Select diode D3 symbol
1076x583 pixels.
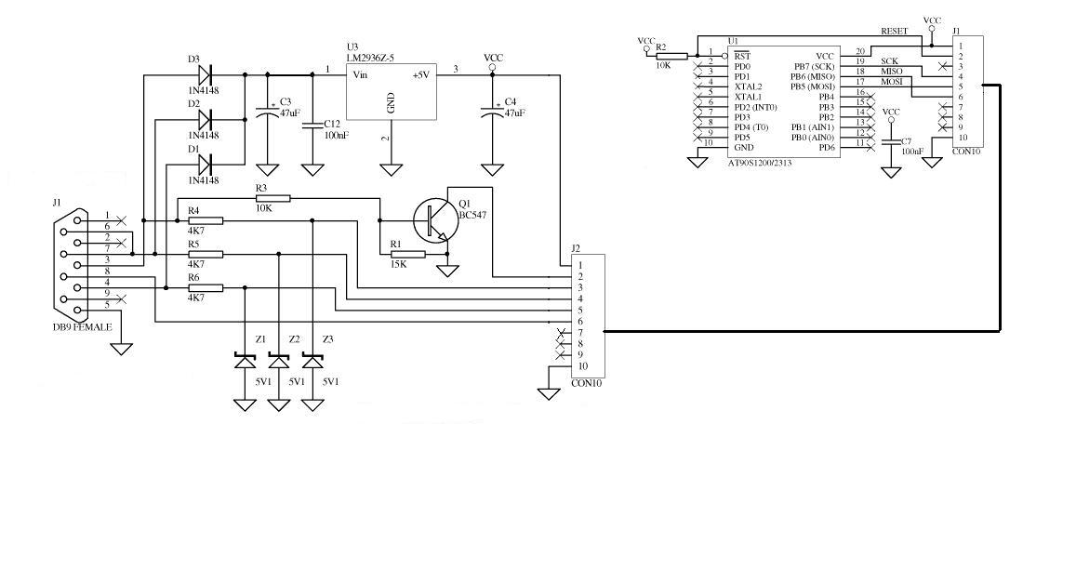[x=204, y=74]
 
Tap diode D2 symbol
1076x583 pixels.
[x=204, y=119]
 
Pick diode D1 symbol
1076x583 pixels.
[x=204, y=165]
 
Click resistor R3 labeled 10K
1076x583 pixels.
[x=272, y=198]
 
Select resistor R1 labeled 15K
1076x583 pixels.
[x=407, y=255]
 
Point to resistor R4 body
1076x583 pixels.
[x=206, y=220]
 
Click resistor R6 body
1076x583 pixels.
[x=206, y=288]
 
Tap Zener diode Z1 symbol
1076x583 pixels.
[x=245, y=362]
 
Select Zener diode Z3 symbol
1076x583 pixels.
[x=312, y=362]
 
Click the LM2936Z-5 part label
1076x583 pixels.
[x=370, y=59]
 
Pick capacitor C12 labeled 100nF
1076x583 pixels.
[x=312, y=126]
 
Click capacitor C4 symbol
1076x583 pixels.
[x=492, y=112]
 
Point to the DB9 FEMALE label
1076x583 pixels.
[x=83, y=327]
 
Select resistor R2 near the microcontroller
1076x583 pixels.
[x=671, y=56]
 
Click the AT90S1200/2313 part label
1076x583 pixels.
[x=760, y=164]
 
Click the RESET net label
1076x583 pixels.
[x=894, y=31]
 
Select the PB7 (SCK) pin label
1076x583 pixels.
[x=814, y=67]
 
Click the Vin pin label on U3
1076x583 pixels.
[x=360, y=74]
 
